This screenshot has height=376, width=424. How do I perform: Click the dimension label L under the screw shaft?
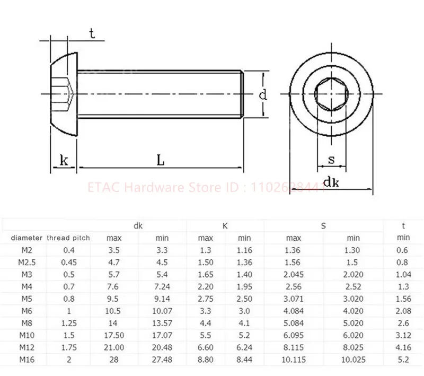point(161,160)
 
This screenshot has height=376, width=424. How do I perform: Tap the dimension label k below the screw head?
point(64,160)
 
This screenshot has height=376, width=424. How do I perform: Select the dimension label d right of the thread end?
point(262,95)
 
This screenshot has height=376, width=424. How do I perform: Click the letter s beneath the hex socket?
point(331,159)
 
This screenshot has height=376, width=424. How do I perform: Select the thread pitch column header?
point(68,238)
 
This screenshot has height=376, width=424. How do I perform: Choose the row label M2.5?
point(26,262)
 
